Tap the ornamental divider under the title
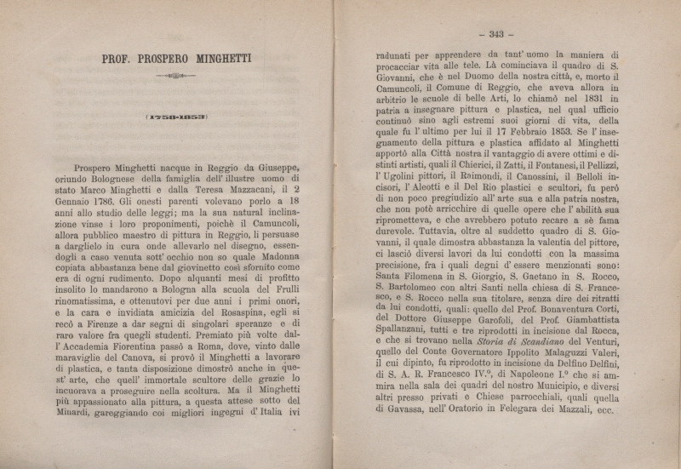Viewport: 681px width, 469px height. tap(175, 77)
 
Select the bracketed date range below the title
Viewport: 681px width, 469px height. tap(176, 117)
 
